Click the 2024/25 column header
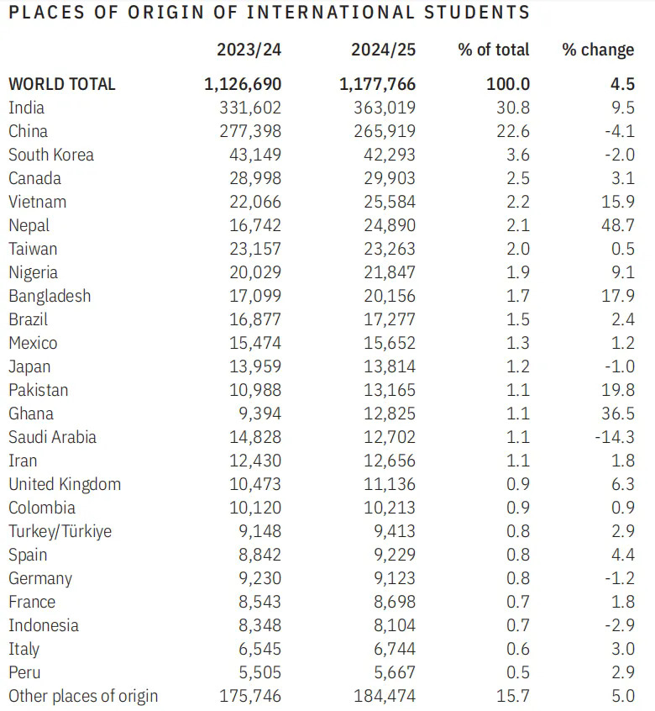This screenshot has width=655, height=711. pos(383,50)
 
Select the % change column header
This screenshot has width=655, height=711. pos(598,50)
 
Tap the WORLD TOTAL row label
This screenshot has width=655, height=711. pos(62,84)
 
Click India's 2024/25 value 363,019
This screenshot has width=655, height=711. pos(385,108)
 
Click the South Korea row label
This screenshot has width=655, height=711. pos(51,155)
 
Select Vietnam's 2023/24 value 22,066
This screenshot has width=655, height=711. pos(255,202)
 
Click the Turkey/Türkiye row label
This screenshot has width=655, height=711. pos(60,531)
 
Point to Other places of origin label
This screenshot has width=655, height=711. pos(83,696)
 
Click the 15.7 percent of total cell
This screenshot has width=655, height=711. pos(514,696)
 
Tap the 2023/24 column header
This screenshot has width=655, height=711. pos(249,50)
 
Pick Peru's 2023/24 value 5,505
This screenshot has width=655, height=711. pos(259,672)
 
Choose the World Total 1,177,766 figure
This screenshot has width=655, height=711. pos(377,84)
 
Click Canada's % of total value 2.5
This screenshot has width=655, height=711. pos(518,178)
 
